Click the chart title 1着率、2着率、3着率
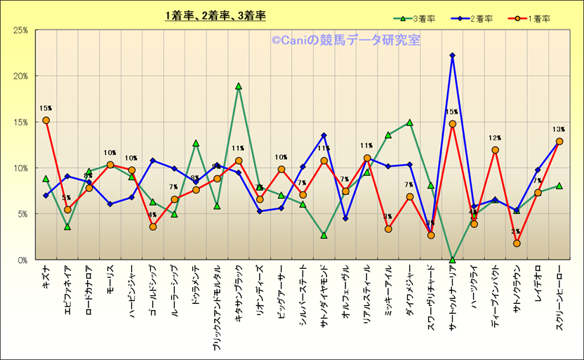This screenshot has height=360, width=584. pos(215,15)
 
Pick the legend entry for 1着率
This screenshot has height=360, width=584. pos(531,19)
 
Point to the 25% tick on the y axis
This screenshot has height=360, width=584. pos(20,30)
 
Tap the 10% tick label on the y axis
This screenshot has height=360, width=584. pos(20,168)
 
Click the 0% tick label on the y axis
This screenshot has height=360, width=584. pos(22,260)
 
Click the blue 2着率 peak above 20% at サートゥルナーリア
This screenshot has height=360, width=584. pos(453,55)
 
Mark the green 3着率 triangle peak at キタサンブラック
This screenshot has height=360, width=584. pos(239,86)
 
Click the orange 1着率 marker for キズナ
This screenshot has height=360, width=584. pos(46,120)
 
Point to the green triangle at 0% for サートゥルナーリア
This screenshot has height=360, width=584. pos(453,260)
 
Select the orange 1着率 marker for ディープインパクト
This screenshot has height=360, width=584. pos(495,149)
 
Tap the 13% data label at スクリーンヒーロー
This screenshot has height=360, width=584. pos(559,129)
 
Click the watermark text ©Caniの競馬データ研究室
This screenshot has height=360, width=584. pos(346,41)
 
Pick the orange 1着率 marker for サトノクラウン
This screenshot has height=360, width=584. pos(517,243)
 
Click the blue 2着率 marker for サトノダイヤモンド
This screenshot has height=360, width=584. pos(324,135)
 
